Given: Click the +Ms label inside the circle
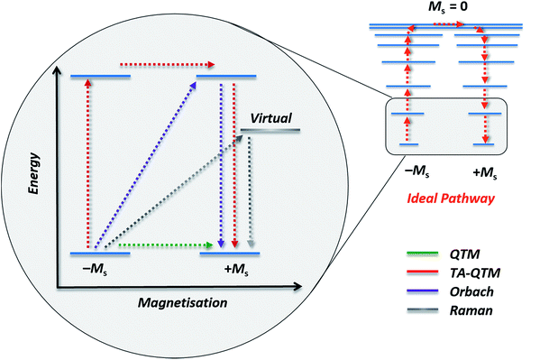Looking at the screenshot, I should pos(228,270).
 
